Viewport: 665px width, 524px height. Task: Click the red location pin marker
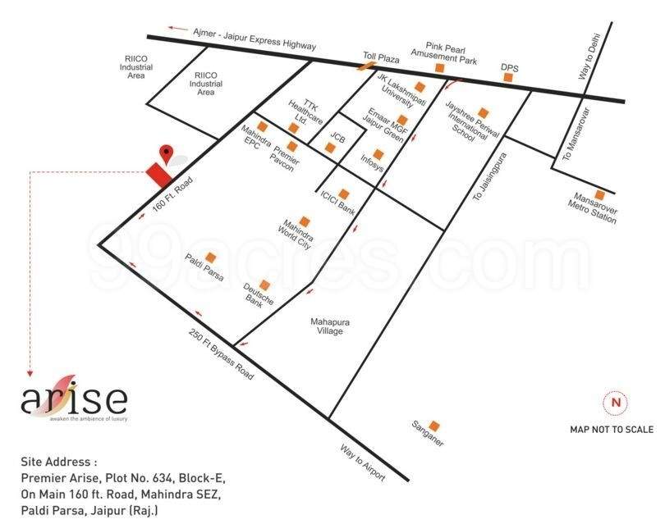(x=166, y=153)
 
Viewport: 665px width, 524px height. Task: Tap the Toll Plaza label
(x=381, y=59)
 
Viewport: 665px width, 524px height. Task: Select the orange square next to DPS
(x=509, y=77)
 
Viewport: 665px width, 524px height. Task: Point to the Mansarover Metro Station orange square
(x=599, y=195)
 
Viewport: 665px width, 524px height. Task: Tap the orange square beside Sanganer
(x=434, y=425)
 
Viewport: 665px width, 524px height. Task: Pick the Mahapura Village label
(x=330, y=327)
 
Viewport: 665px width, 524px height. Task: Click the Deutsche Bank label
(x=256, y=294)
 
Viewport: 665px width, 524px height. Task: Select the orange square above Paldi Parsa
(x=212, y=257)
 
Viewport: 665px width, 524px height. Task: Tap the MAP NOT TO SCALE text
(x=612, y=430)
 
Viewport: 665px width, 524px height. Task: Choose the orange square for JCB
(x=329, y=148)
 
